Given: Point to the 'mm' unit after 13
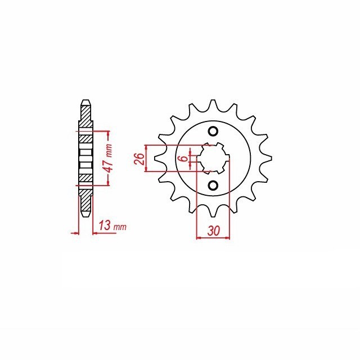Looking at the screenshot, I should [119, 227].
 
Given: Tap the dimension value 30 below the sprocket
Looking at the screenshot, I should [213, 231].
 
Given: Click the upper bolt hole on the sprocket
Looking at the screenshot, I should [213, 132].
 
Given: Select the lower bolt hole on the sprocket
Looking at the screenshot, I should [213, 185].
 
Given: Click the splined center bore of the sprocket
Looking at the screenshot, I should [213, 159].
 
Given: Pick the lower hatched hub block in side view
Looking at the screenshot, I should [84, 178].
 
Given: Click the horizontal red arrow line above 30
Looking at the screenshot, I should [213, 239].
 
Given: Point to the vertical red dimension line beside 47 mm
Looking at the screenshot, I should [107, 158].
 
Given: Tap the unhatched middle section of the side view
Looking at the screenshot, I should [84, 159].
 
